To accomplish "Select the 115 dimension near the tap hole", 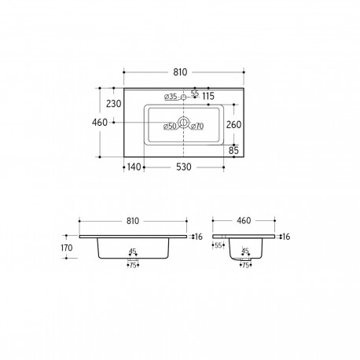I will [x=208, y=96].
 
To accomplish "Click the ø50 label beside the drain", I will [x=169, y=126].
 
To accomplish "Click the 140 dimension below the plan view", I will [x=135, y=167].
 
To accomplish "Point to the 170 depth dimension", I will [x=66, y=248].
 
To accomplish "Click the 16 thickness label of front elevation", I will [x=198, y=237].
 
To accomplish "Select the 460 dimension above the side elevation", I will [x=245, y=221].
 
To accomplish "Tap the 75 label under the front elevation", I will [x=134, y=265].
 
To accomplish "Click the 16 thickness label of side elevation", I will [x=286, y=237].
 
